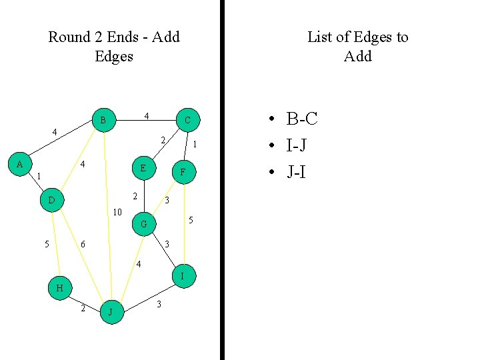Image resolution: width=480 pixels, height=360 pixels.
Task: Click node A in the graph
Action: coord(19,164)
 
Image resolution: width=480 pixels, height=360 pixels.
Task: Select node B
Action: coord(103,121)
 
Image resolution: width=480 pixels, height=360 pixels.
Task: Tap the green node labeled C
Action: coord(187,120)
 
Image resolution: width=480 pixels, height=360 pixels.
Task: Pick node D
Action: coord(51,200)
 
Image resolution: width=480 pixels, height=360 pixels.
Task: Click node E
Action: coord(143,168)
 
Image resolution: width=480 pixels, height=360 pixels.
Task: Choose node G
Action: coord(143,225)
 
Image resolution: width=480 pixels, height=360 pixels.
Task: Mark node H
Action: coord(59,288)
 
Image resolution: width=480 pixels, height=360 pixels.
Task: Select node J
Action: coord(111,311)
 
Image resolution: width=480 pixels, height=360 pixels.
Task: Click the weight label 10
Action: coord(117,213)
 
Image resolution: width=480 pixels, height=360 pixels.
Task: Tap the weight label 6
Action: coord(83,245)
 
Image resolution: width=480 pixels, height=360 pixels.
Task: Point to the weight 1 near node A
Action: coord(39,177)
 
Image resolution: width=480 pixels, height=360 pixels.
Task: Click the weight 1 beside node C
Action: coord(194,144)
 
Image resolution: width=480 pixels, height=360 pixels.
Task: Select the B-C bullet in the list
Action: coord(301,119)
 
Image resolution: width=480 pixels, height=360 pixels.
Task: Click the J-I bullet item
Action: coord(296,171)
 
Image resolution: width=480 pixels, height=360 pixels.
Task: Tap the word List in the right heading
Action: coord(320,37)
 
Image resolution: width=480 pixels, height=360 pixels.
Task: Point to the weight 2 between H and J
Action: coord(83,308)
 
